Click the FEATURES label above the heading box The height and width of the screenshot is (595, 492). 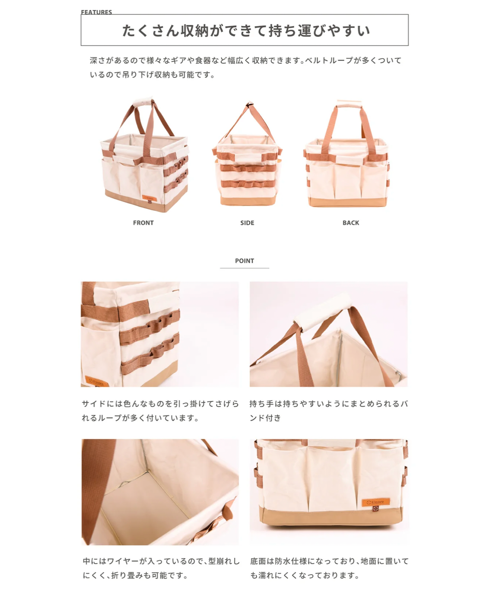[97, 12]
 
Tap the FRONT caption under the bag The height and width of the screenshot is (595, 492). [143, 223]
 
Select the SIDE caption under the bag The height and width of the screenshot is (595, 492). [247, 223]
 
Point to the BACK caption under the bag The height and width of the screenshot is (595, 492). [351, 223]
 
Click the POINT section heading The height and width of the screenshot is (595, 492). [244, 261]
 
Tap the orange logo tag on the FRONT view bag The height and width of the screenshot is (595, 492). [149, 198]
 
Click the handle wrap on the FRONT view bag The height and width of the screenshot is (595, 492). [143, 101]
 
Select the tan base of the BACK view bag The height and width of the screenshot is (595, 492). [348, 202]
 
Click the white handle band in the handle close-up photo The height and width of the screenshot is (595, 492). [322, 312]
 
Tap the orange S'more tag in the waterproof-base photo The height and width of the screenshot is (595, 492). [376, 502]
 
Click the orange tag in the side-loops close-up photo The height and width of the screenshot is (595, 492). [97, 381]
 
